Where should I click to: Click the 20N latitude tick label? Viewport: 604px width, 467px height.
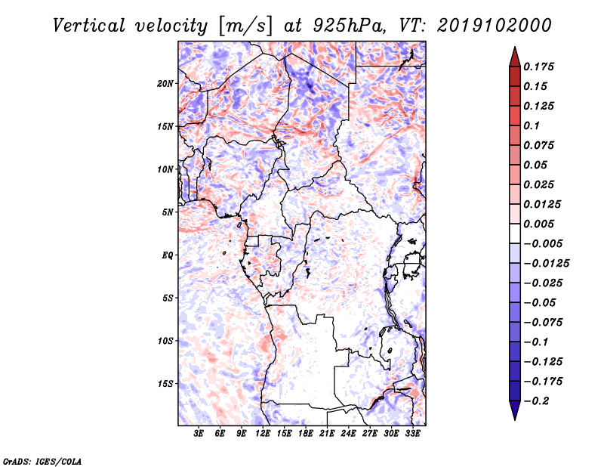(x=165, y=83)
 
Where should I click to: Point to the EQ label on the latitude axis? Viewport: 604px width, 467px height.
(x=168, y=255)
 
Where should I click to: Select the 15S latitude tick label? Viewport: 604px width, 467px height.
(x=165, y=383)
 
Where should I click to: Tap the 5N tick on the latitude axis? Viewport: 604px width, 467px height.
(x=168, y=212)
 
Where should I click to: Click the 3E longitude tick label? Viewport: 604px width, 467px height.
(x=199, y=434)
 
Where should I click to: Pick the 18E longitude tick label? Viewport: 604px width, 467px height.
(x=306, y=434)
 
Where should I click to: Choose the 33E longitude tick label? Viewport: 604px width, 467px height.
(x=412, y=434)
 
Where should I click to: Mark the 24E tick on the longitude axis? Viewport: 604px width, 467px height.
(x=348, y=434)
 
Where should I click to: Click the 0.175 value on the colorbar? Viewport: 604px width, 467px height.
(x=541, y=66)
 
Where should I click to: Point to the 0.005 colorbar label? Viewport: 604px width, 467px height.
(x=541, y=224)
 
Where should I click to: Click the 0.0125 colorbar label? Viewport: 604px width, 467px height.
(x=544, y=204)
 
